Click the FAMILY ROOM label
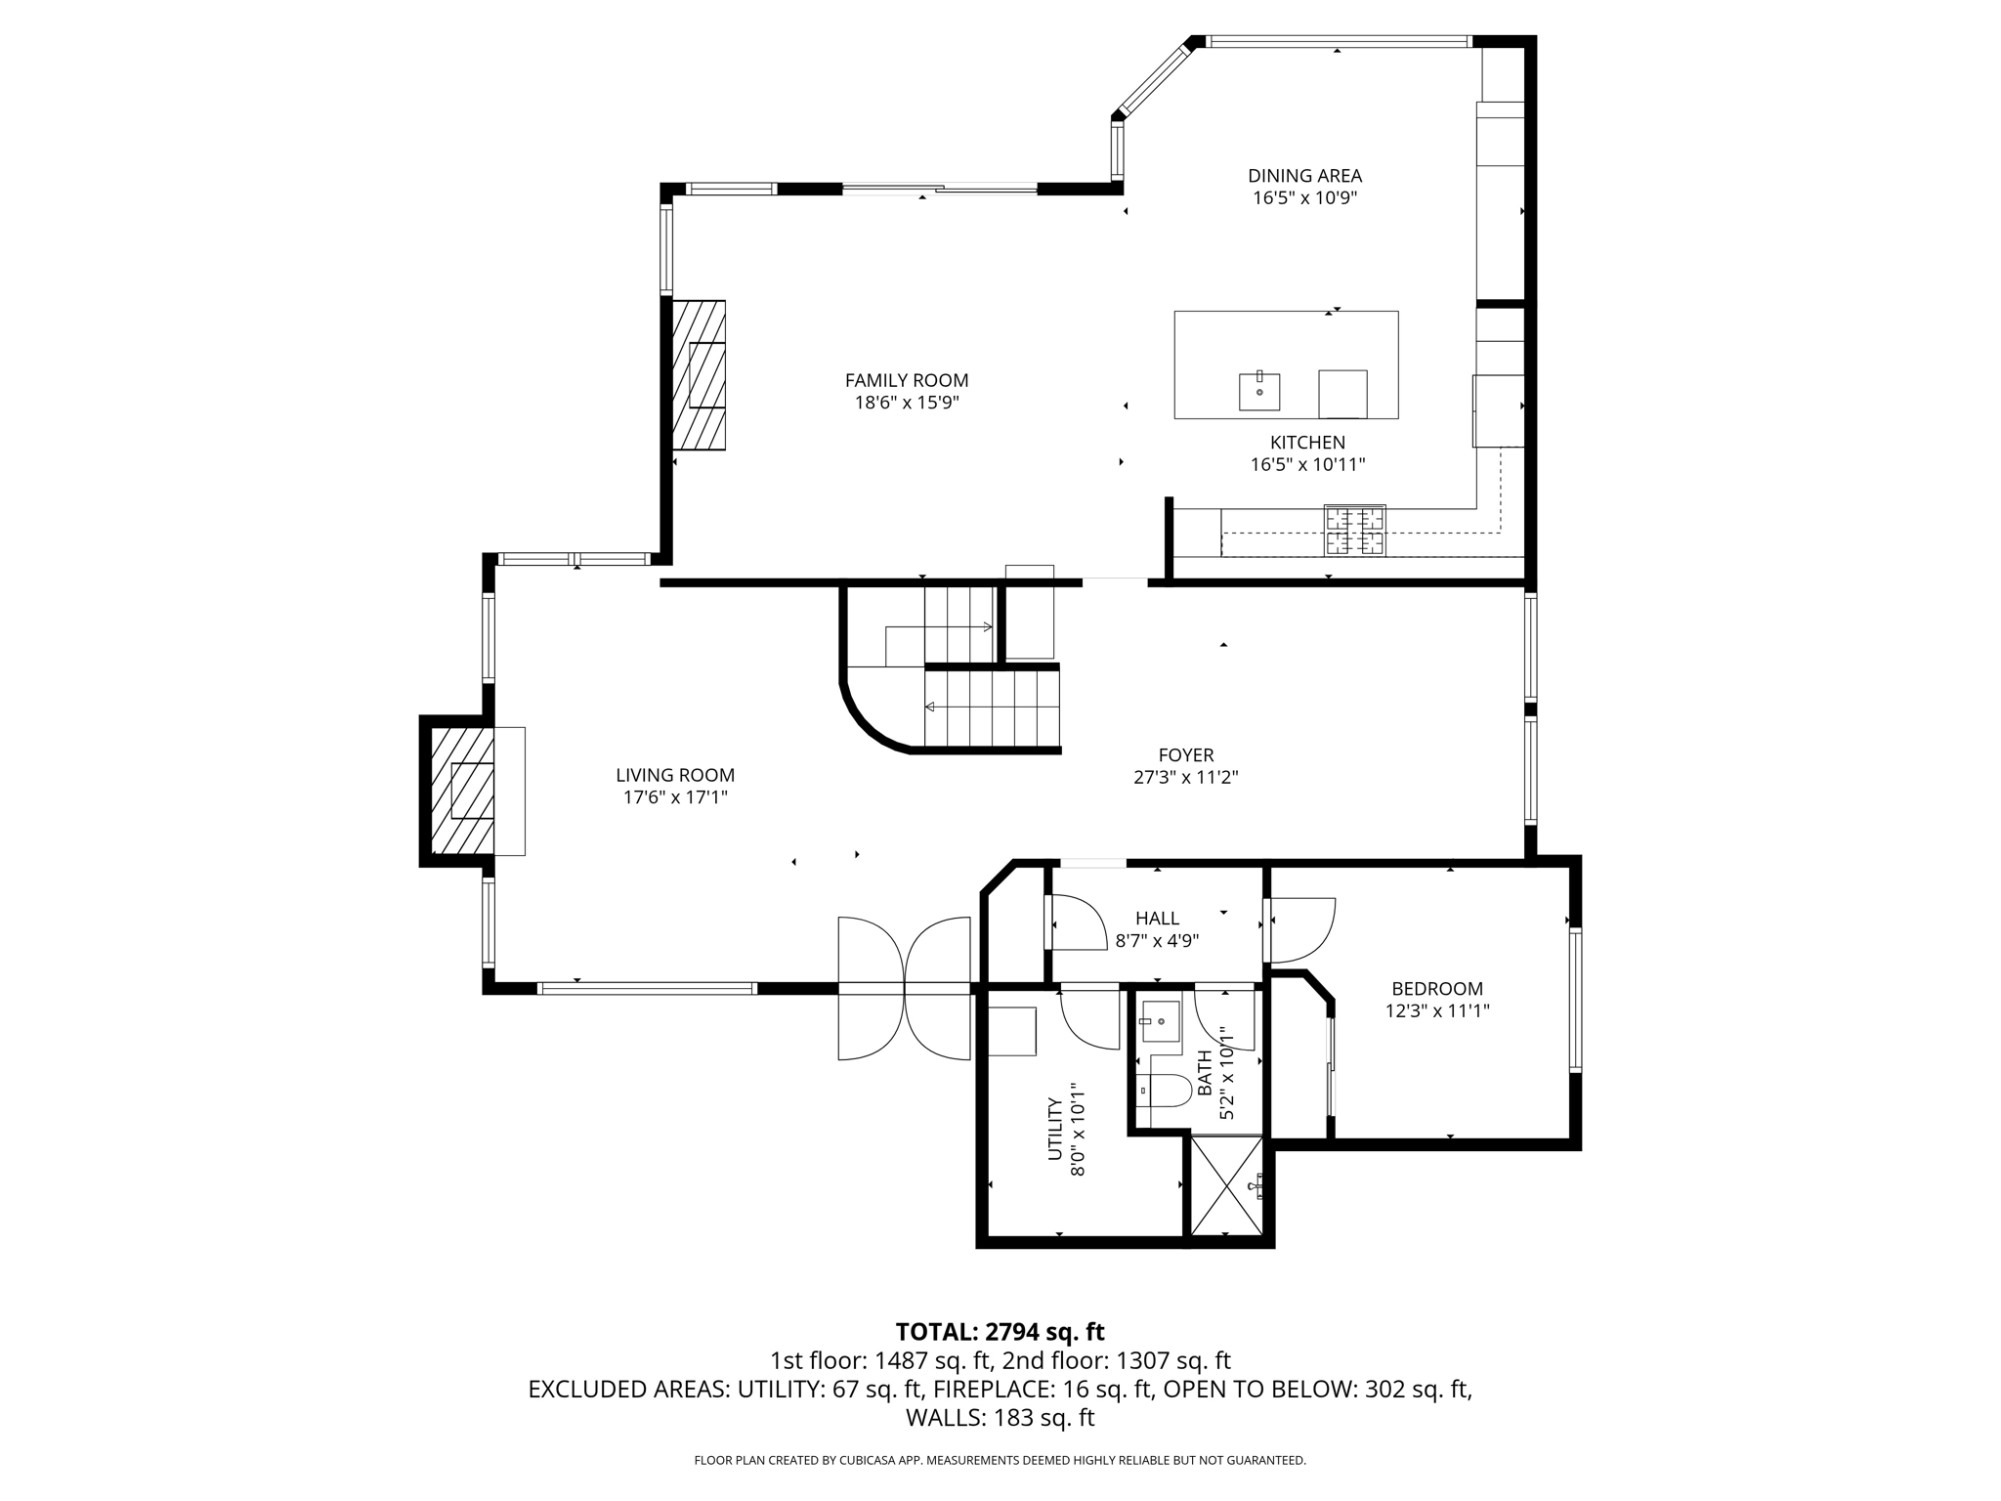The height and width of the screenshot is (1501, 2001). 907,381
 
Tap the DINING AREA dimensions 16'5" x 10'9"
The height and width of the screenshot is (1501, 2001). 1304,198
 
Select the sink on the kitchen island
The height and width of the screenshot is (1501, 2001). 1259,391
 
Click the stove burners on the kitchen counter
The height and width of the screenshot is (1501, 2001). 1354,531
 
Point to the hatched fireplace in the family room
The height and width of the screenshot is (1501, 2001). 699,375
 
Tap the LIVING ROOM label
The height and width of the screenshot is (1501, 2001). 675,775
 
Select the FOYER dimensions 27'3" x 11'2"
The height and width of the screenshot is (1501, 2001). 1185,778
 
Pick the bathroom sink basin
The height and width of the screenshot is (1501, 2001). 1162,1022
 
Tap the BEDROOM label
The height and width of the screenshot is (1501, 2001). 1437,989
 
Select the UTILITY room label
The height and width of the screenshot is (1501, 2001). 1055,1129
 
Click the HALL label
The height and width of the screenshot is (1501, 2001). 1157,919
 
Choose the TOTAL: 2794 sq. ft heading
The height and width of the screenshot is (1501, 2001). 1000,1332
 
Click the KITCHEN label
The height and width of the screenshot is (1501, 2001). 1307,443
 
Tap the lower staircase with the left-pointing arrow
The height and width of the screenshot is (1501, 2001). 992,708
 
